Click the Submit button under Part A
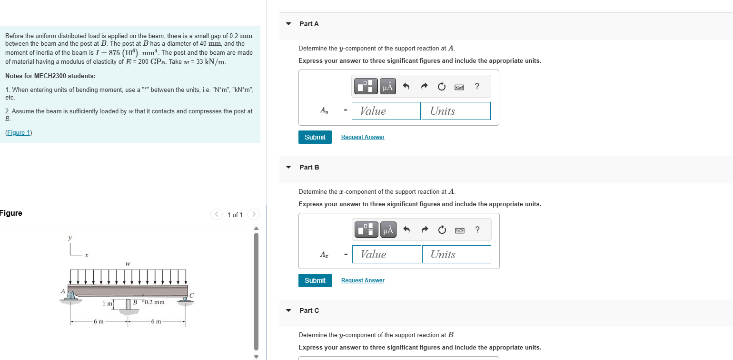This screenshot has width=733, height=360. (315, 137)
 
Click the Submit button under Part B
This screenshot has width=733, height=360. (315, 280)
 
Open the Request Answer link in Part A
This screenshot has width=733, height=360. (363, 137)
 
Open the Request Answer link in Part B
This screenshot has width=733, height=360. (363, 280)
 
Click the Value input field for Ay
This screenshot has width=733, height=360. (386, 111)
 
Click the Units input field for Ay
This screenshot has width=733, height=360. (456, 111)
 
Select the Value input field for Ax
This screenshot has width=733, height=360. (386, 254)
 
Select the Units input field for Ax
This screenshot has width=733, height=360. (456, 254)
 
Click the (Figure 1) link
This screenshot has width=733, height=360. (19, 133)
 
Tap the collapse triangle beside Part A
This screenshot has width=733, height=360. (288, 24)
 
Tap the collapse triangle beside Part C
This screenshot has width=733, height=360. (288, 310)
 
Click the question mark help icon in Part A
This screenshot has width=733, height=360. (477, 86)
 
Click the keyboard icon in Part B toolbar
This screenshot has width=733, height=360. (459, 230)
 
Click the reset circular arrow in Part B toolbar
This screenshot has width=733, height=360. (442, 230)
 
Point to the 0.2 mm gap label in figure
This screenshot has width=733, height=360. (154, 302)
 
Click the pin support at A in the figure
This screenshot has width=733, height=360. (71, 297)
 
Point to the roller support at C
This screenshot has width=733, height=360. (185, 300)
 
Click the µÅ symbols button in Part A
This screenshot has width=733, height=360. (388, 86)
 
